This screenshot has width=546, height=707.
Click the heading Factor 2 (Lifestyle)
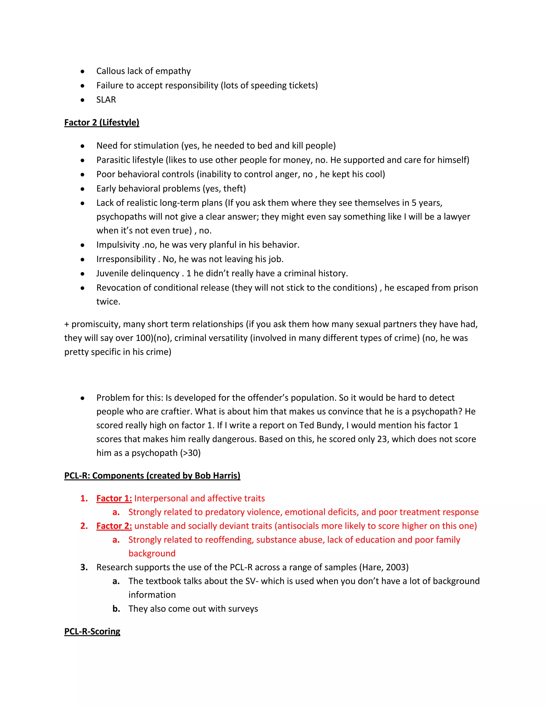tap(102, 122)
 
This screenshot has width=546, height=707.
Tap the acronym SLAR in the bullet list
tap(106, 100)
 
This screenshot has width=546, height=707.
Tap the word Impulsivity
tap(118, 245)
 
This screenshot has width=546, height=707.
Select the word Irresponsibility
tap(126, 259)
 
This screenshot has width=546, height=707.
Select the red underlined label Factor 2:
tap(114, 526)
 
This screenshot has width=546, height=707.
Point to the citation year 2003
tap(396, 567)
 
